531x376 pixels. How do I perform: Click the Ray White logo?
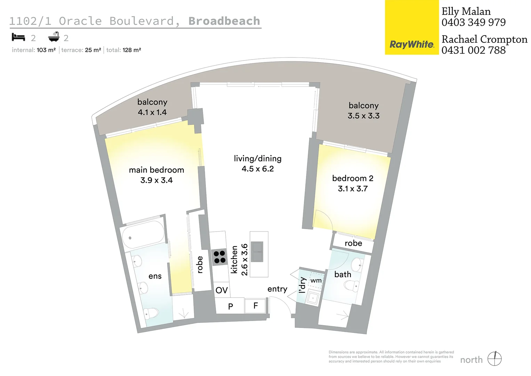[412, 45]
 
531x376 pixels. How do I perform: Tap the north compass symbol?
[494, 359]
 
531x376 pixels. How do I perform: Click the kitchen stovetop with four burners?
[219, 257]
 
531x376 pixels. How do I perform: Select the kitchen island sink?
[257, 251]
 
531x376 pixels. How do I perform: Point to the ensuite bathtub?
[143, 235]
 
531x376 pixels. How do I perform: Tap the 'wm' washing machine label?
[316, 280]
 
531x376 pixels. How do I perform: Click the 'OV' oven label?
[222, 290]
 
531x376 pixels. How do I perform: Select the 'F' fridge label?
[256, 306]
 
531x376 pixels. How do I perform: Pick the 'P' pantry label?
[230, 306]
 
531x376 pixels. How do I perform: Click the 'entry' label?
[277, 289]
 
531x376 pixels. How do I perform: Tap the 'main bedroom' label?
[156, 170]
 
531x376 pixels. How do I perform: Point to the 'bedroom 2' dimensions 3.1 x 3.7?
[353, 189]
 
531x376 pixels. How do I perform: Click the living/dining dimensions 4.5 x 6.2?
[258, 169]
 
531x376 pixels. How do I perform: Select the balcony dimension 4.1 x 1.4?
[152, 112]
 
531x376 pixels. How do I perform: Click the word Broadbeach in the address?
[224, 21]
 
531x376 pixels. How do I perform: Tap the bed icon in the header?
[18, 37]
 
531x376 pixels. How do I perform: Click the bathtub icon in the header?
[54, 37]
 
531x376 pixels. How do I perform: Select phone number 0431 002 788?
[474, 50]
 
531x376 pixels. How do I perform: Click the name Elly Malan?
[466, 11]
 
